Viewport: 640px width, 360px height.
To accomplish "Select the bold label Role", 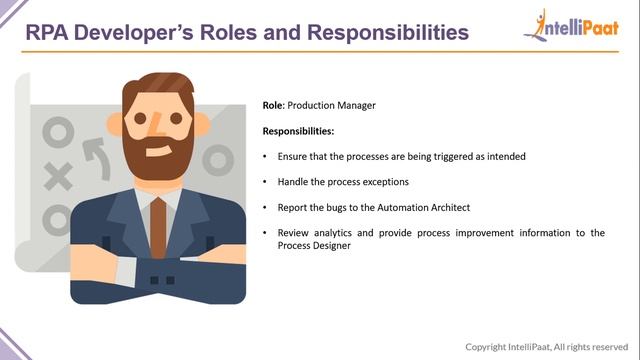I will coord(273,105).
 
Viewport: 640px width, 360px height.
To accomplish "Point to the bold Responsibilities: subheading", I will coord(298,131).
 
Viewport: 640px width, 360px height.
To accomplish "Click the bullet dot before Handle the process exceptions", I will coord(264,183).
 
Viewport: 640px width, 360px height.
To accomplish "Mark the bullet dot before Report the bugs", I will coord(264,208).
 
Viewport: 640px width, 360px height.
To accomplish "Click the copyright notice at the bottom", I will coord(549,347).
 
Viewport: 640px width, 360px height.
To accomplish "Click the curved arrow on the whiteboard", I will coord(95,155).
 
